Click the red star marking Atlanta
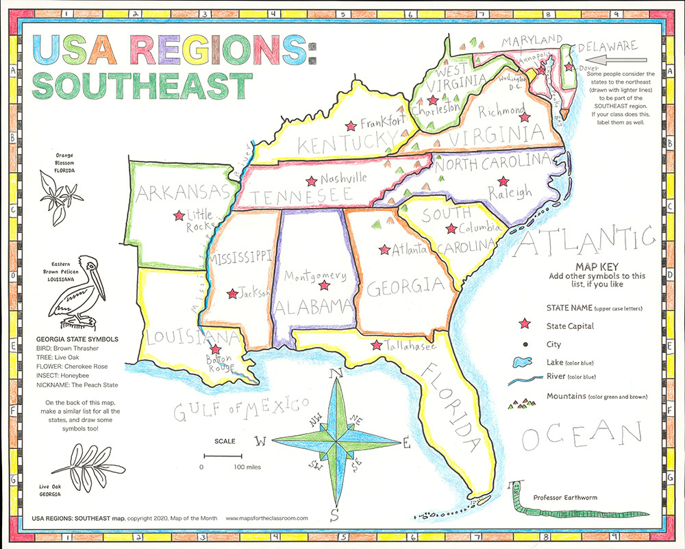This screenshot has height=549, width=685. coord(384,249)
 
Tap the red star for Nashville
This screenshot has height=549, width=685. coord(312,182)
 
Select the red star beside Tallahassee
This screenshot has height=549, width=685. coord(375,345)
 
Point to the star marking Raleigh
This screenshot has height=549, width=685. coord(503,182)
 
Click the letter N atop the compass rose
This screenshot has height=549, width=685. coord(336,374)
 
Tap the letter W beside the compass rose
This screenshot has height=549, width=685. coord(261,441)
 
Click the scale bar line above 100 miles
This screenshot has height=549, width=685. coord(222,455)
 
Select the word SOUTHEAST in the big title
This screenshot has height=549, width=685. coord(140,86)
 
